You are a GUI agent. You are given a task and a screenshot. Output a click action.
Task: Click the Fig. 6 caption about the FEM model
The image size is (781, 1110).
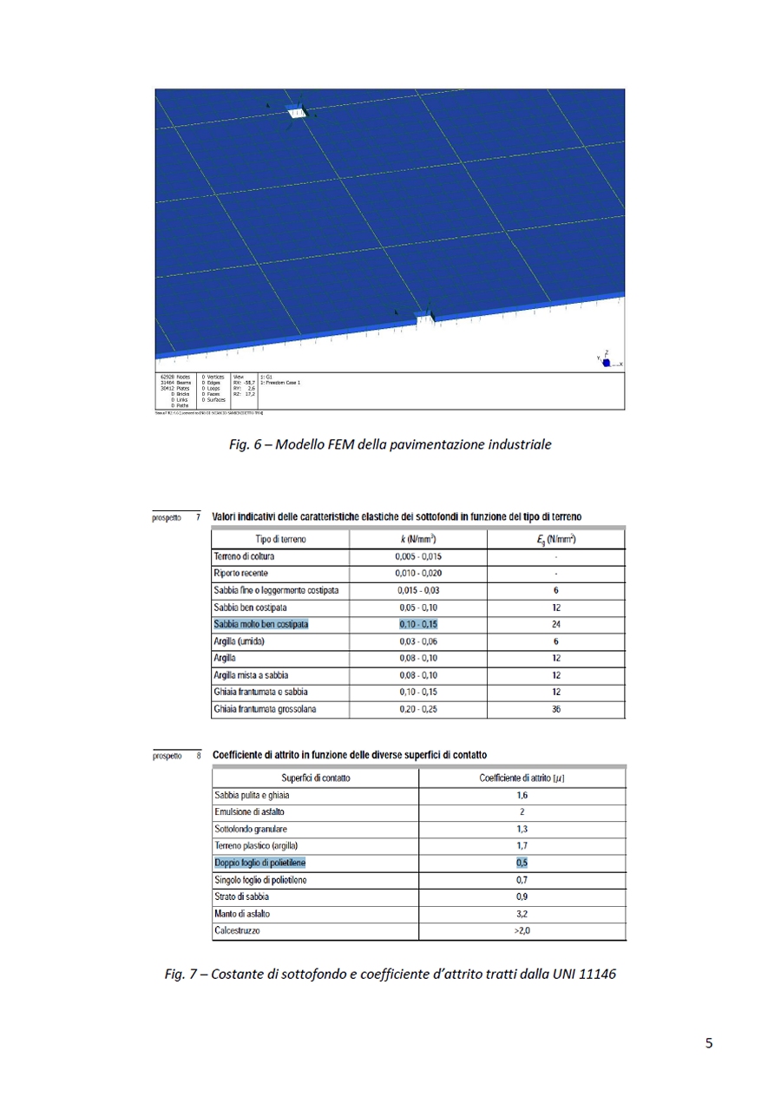pos(390,445)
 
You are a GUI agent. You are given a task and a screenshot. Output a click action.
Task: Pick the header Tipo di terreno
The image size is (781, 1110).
pos(279,539)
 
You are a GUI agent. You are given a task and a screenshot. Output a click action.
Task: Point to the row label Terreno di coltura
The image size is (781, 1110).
pos(246,555)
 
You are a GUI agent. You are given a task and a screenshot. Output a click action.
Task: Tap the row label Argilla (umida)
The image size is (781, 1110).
pos(240,640)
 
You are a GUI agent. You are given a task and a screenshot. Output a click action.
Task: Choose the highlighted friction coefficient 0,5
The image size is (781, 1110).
pos(522,863)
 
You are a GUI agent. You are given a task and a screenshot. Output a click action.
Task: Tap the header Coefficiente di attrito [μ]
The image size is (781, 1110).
pos(522,777)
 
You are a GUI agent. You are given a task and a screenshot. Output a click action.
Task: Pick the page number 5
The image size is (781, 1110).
pos(709,1044)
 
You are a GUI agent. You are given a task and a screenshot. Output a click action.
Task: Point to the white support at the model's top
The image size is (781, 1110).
pos(297,112)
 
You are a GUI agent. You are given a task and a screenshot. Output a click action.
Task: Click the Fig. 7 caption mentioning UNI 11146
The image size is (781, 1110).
pos(390,974)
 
